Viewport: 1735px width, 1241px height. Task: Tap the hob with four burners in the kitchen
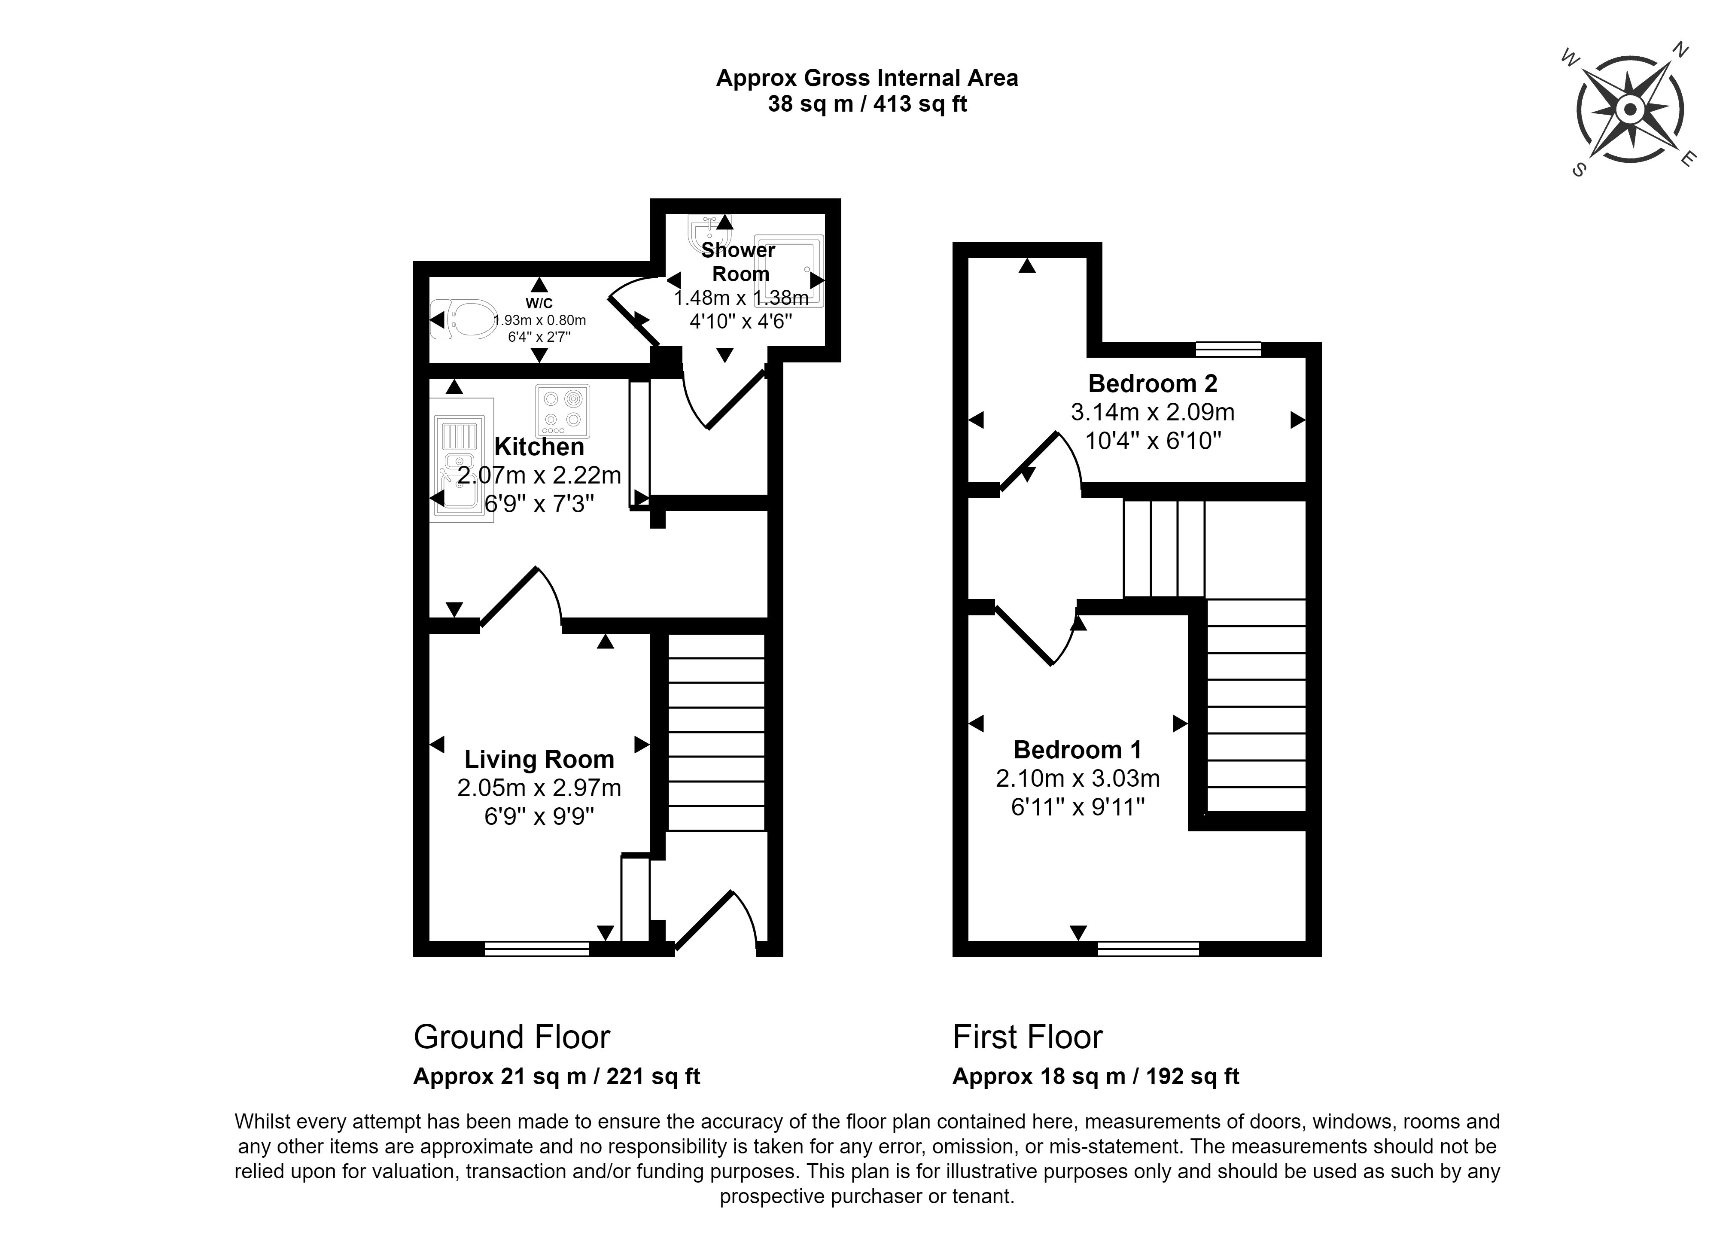tap(563, 411)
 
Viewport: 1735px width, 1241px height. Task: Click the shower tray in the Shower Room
tap(789, 271)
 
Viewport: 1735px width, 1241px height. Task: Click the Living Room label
tap(539, 759)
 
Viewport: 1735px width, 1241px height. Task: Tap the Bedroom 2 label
tap(1153, 383)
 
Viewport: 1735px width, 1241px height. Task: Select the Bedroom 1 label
tap(1078, 750)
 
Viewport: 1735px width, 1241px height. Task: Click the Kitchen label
tap(539, 446)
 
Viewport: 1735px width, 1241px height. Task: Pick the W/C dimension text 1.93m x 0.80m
tap(539, 320)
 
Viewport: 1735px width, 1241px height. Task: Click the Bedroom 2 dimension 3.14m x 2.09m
tap(1153, 413)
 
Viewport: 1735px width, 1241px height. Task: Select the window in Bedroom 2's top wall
tap(1228, 349)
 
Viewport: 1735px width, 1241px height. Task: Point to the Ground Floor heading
tap(512, 1037)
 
